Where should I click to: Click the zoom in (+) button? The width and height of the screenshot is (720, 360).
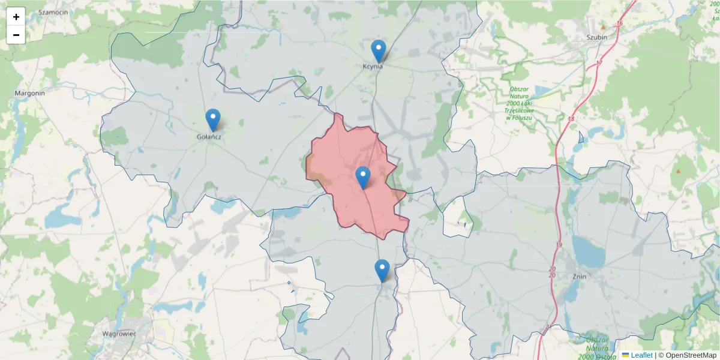16,17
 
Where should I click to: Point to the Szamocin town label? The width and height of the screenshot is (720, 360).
52,12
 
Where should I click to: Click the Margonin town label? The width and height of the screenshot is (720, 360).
30,94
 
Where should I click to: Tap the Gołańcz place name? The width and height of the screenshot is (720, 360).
209,137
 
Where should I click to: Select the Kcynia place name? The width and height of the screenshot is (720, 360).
373,67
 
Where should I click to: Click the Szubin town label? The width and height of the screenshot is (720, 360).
597,37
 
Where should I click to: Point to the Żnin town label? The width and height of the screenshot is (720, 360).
579,277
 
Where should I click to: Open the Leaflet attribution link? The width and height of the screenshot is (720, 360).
641,355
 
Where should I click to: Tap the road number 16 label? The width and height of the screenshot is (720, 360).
620,23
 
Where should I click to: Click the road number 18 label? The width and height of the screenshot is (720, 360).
570,119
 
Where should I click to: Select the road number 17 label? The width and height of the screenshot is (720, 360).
599,63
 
